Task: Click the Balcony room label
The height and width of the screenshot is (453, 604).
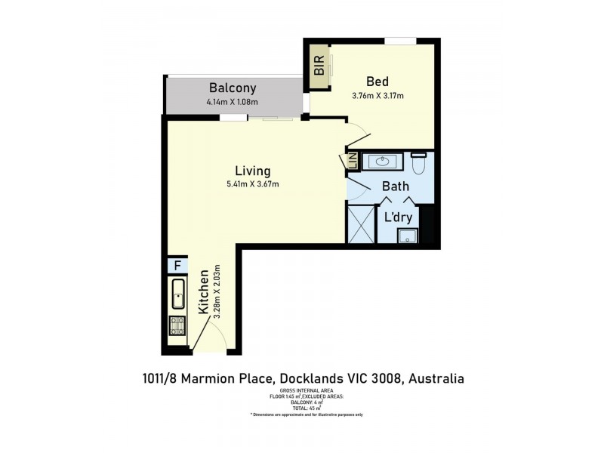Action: coord(233,88)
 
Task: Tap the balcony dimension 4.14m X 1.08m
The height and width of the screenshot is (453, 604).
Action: coord(233,103)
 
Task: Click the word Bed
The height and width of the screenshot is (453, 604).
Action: coord(377,82)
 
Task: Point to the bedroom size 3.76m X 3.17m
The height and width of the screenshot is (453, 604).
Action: coord(377,96)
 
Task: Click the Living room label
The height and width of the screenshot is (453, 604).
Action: coord(252,171)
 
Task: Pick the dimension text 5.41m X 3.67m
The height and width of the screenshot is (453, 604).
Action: coord(252,184)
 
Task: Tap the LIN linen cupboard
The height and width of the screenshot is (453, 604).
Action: coord(352,162)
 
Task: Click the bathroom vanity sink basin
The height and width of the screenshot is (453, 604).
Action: coord(383,161)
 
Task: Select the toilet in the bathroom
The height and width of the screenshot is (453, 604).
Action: coord(420,163)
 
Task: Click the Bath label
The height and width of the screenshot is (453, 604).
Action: coord(395,186)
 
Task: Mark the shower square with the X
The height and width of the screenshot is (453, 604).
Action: coord(360,224)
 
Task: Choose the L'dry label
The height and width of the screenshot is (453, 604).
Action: coord(398,217)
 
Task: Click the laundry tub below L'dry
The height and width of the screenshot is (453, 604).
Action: coord(408,236)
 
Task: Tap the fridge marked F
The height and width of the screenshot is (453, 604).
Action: coord(177,266)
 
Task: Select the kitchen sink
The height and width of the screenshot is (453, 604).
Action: coord(177,294)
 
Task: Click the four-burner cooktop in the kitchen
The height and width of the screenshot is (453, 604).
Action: coord(177,326)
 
